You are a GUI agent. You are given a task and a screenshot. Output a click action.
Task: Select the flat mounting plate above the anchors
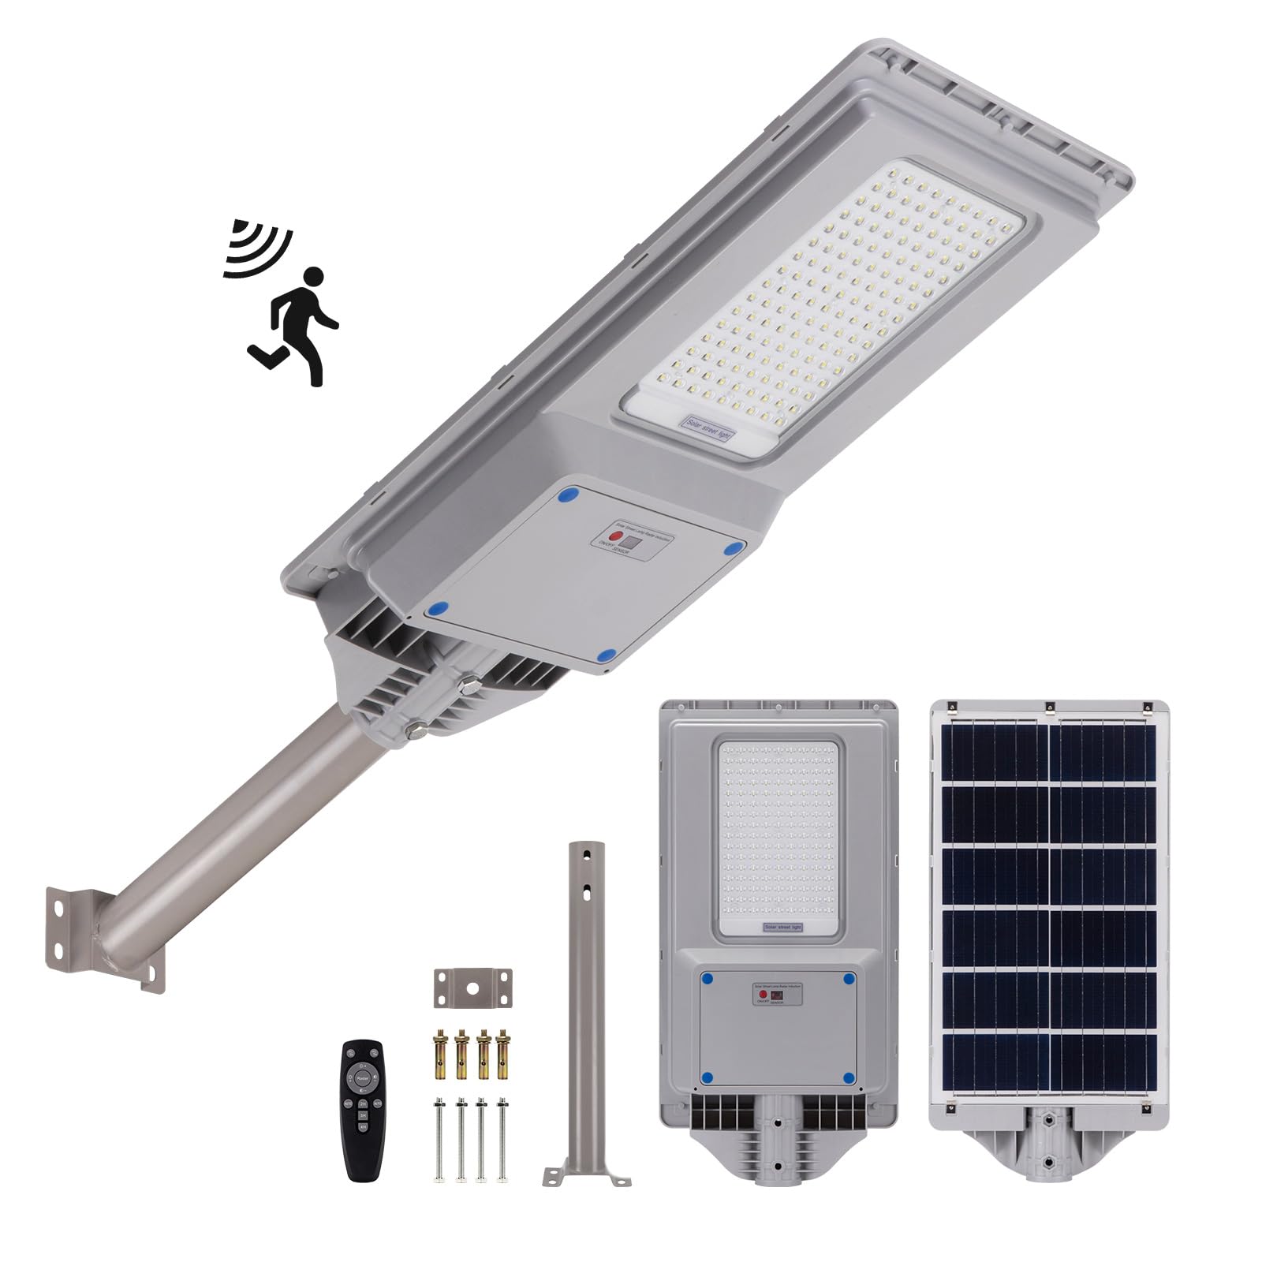click(472, 987)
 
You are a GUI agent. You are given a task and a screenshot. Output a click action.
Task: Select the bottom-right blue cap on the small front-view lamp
click(849, 1077)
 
